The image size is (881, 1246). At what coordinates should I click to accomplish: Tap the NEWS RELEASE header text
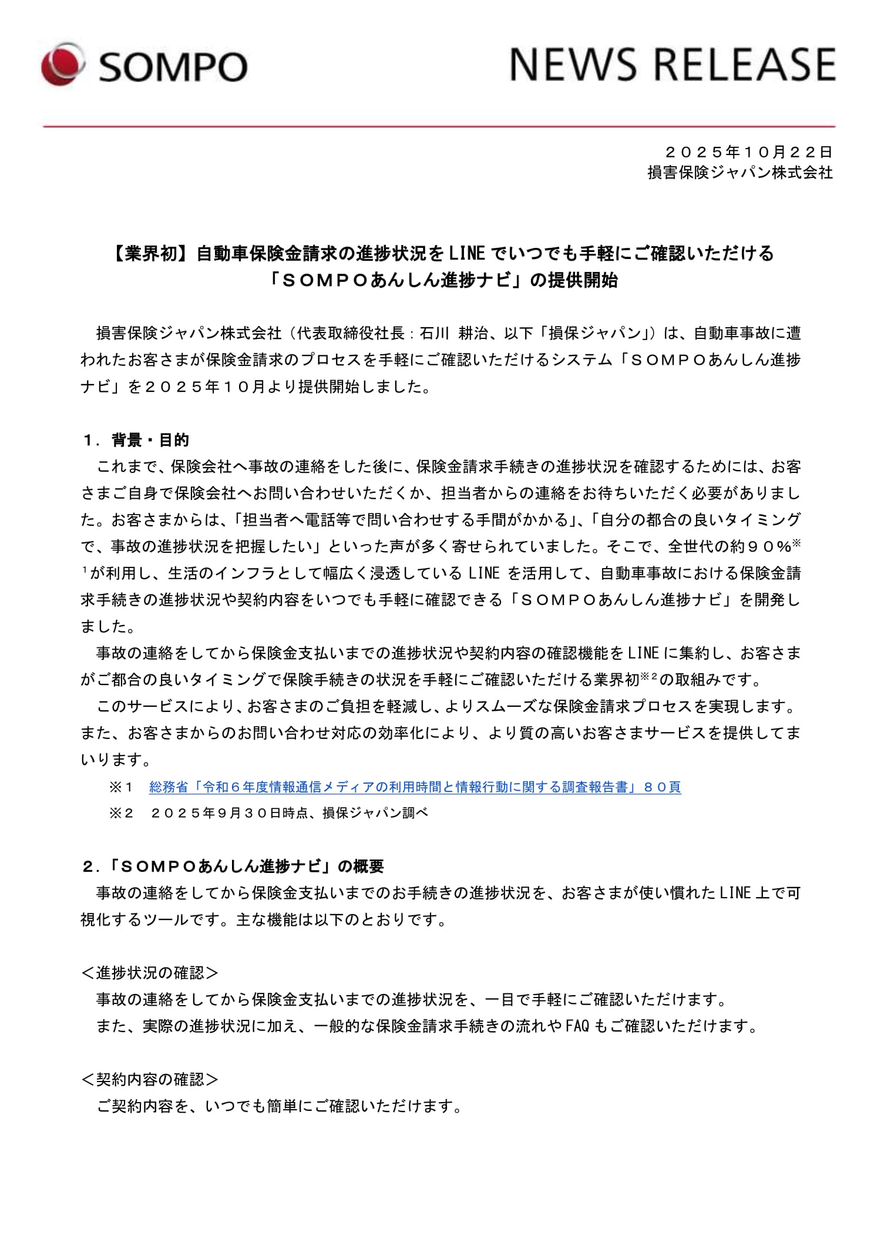(x=672, y=64)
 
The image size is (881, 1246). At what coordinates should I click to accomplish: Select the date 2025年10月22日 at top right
(x=749, y=152)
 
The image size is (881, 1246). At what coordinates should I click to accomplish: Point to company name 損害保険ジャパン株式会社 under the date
(x=740, y=172)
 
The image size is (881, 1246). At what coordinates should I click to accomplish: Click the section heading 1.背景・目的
(x=136, y=440)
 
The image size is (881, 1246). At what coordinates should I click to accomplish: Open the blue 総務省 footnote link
(x=415, y=787)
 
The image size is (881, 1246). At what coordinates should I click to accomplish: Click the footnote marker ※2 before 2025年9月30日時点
(x=122, y=813)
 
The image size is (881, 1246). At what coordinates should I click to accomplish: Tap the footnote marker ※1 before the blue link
(x=122, y=787)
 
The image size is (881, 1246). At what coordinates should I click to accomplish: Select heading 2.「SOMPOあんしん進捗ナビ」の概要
(x=233, y=866)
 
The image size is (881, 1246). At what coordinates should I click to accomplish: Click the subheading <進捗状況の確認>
(x=150, y=973)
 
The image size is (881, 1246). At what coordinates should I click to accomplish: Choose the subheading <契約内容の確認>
(x=150, y=1080)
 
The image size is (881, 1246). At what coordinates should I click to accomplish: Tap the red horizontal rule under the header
(x=439, y=126)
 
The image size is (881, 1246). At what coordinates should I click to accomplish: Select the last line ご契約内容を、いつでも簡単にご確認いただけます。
(x=280, y=1106)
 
